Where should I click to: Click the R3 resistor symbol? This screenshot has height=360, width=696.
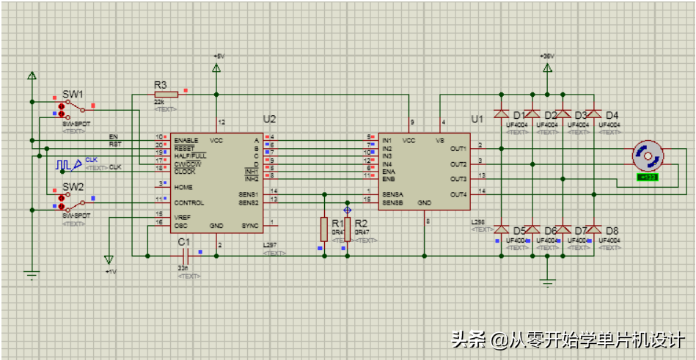click(x=166, y=95)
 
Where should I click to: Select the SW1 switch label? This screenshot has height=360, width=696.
click(x=73, y=94)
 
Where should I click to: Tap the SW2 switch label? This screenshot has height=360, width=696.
click(x=73, y=187)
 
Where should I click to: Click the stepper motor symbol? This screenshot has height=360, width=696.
click(x=648, y=157)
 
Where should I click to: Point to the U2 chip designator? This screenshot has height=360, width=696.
click(x=269, y=119)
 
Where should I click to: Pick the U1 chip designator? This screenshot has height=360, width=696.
click(x=477, y=119)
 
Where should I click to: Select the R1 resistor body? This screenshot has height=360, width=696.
click(x=323, y=229)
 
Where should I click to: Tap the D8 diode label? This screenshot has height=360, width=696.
click(x=612, y=231)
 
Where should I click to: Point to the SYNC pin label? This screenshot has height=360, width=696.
click(x=250, y=225)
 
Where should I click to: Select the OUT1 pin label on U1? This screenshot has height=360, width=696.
click(x=458, y=148)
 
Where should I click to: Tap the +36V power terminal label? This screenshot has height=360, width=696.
click(x=546, y=56)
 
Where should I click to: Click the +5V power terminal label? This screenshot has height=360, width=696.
click(x=218, y=56)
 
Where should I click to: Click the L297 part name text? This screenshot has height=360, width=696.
click(x=271, y=246)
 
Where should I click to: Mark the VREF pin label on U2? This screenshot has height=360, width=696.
click(x=182, y=218)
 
